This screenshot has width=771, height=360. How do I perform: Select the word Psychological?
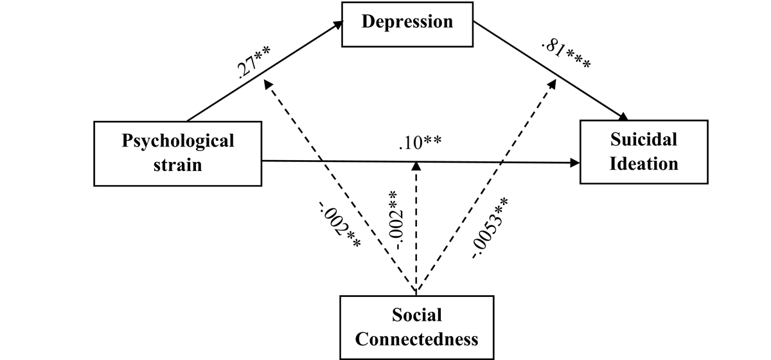[178, 141]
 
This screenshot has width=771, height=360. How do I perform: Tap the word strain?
[178, 165]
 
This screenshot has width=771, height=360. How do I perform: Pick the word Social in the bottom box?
[416, 315]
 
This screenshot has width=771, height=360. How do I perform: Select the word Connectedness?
[416, 338]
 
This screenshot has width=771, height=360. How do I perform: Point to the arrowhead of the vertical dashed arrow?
[417, 166]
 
